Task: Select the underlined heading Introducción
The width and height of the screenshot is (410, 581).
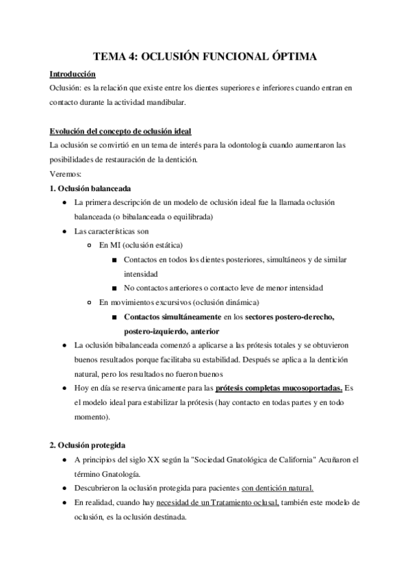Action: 73,74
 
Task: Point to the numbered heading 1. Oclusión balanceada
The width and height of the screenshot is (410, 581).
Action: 90,188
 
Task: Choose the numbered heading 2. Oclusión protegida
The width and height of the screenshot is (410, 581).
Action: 87,445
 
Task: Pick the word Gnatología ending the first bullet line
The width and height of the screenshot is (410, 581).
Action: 105,473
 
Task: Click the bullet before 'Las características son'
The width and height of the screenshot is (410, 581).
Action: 64,232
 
